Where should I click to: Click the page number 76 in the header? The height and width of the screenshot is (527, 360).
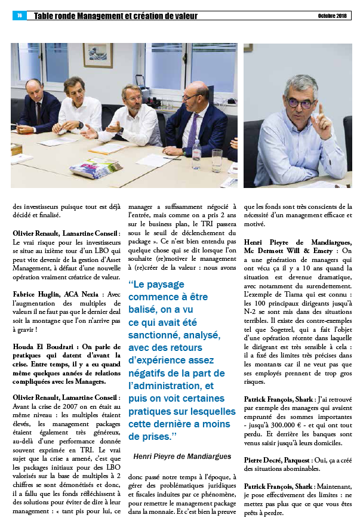(x=19, y=16)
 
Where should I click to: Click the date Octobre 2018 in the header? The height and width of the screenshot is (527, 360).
(x=331, y=16)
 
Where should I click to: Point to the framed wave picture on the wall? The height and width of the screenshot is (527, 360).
(x=98, y=55)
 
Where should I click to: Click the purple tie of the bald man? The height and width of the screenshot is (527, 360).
(x=193, y=128)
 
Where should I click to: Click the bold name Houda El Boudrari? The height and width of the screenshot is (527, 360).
(x=44, y=347)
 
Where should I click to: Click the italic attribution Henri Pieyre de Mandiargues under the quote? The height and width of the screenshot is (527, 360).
(x=183, y=456)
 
